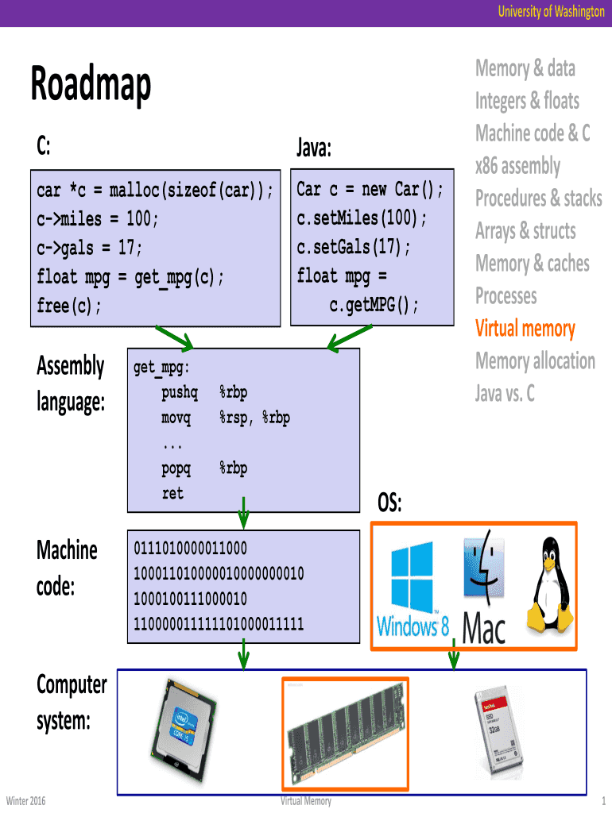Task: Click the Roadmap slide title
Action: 91,85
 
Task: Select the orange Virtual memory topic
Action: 525,329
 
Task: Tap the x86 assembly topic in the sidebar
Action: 517,166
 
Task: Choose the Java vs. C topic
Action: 505,393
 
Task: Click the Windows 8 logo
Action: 413,591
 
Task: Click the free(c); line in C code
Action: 70,306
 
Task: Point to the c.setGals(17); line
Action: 354,247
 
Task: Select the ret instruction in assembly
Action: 172,493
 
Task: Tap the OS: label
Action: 389,503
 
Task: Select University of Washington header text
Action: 551,12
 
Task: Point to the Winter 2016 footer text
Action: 25,800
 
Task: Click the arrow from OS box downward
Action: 454,657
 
